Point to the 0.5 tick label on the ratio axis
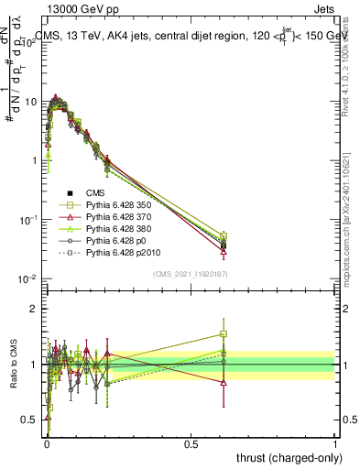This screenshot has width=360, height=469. click(29, 420)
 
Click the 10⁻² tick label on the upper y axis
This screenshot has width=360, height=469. click(27, 278)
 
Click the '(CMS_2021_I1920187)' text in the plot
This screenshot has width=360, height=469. click(191, 274)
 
